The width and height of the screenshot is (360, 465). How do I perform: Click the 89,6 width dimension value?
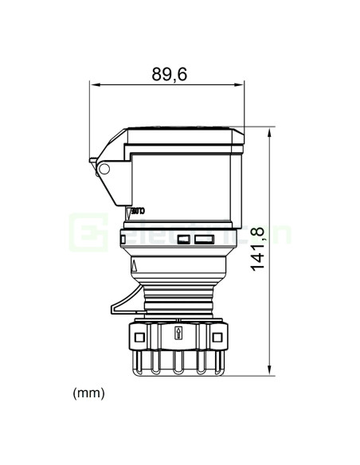coord(169,74)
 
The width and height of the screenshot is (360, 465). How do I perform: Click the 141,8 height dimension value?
coord(258,248)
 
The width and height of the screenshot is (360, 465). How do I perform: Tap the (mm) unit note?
coord(88,393)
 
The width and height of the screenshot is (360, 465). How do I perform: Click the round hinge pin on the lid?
coord(103,169)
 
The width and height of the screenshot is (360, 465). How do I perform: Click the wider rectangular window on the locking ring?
coord(205,239)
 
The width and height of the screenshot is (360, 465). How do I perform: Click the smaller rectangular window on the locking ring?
coord(184,239)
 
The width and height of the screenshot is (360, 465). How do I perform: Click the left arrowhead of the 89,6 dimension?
coord(92,84)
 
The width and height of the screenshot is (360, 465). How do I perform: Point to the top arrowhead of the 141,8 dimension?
coord(271,130)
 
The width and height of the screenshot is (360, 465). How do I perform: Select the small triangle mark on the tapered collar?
coord(135,265)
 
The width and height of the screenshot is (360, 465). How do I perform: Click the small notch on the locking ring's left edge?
coord(123,238)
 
